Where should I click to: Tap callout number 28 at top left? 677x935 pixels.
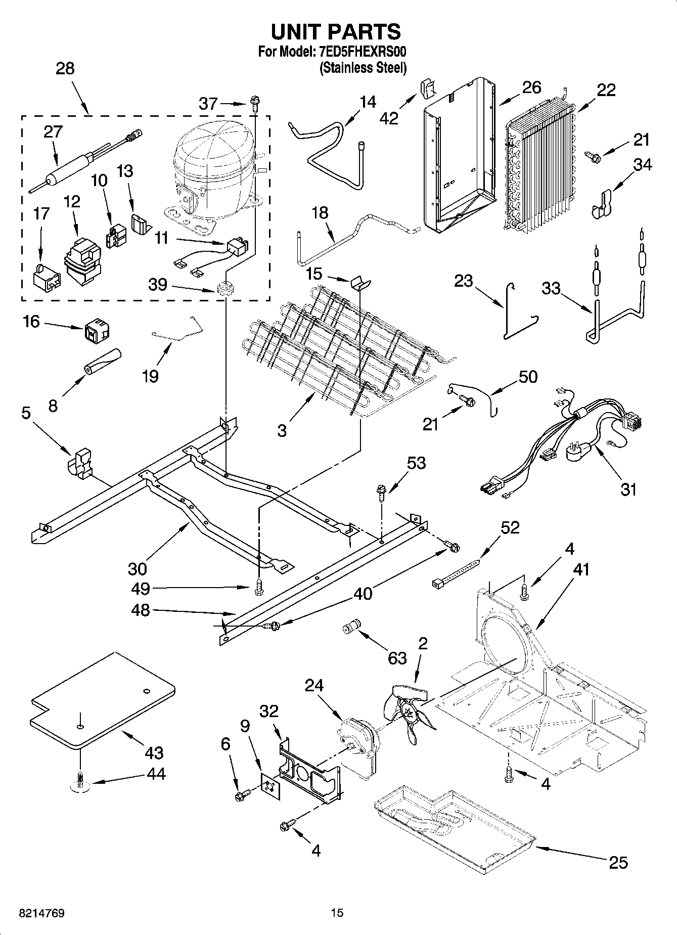click(x=65, y=68)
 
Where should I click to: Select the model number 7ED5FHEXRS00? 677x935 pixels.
click(x=363, y=52)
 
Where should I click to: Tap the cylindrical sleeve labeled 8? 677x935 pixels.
click(x=103, y=362)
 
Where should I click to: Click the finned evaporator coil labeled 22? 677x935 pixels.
click(x=541, y=167)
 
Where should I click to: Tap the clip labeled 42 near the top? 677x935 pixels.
click(x=427, y=88)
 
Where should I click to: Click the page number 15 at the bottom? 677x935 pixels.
click(x=337, y=913)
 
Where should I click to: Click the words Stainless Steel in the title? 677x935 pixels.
click(x=363, y=68)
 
